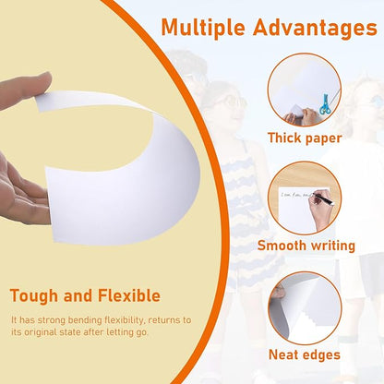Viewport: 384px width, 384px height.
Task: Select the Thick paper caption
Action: (x=305, y=138)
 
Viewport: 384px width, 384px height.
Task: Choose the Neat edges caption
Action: (x=305, y=354)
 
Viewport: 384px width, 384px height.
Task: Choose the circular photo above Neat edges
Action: (x=305, y=307)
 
